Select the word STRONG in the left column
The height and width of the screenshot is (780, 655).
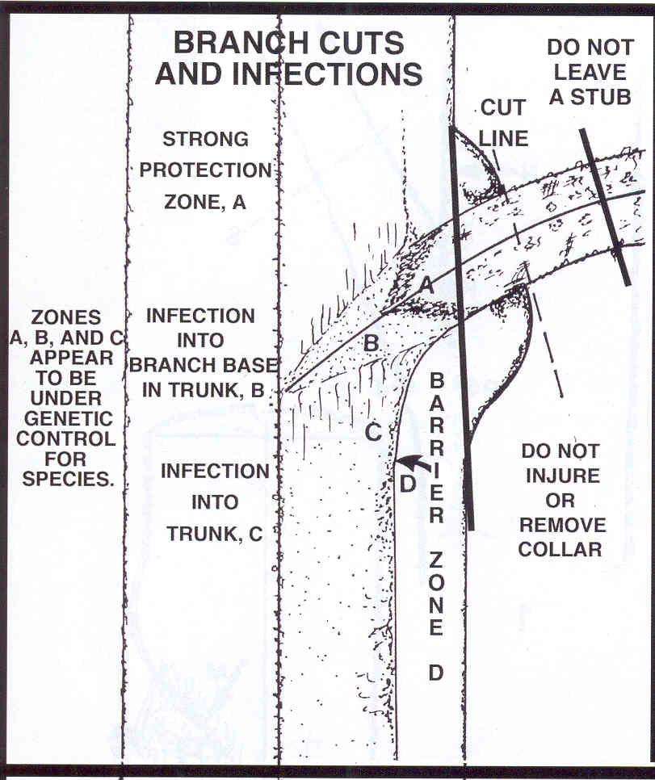206,139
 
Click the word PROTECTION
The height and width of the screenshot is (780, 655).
206,170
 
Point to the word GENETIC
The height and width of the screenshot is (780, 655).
68,419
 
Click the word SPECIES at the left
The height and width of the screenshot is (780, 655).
68,479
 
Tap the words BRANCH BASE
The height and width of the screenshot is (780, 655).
204,366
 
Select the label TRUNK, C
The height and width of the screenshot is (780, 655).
215,534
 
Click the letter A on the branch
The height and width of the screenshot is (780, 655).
426,286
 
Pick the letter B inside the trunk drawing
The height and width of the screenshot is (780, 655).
372,343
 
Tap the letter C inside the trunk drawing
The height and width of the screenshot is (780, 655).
373,432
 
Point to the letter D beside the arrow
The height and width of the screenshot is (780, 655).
407,484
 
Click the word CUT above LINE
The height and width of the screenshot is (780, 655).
503,107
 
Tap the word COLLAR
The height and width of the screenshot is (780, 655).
560,550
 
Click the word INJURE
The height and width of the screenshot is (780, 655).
562,476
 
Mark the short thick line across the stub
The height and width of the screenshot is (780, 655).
605,207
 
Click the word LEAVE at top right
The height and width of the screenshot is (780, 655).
590,73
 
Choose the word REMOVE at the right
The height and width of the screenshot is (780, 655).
562,525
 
